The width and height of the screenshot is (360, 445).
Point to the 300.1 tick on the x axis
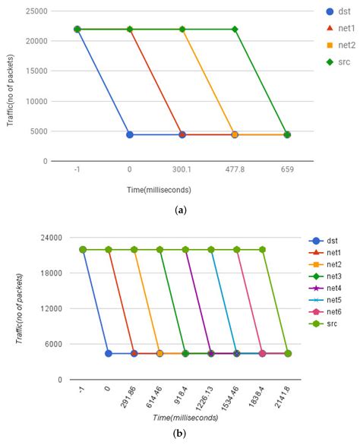click(x=182, y=171)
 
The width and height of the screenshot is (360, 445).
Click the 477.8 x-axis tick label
click(x=235, y=171)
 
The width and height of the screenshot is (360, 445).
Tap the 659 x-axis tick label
click(x=287, y=171)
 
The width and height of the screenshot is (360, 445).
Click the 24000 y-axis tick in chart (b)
click(x=52, y=238)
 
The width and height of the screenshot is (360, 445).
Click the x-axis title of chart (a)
click(x=181, y=189)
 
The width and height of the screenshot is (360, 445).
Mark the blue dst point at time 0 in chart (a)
click(x=130, y=134)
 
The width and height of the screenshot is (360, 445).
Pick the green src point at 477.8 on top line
click(x=235, y=30)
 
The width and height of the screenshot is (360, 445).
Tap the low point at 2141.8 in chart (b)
click(x=288, y=353)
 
